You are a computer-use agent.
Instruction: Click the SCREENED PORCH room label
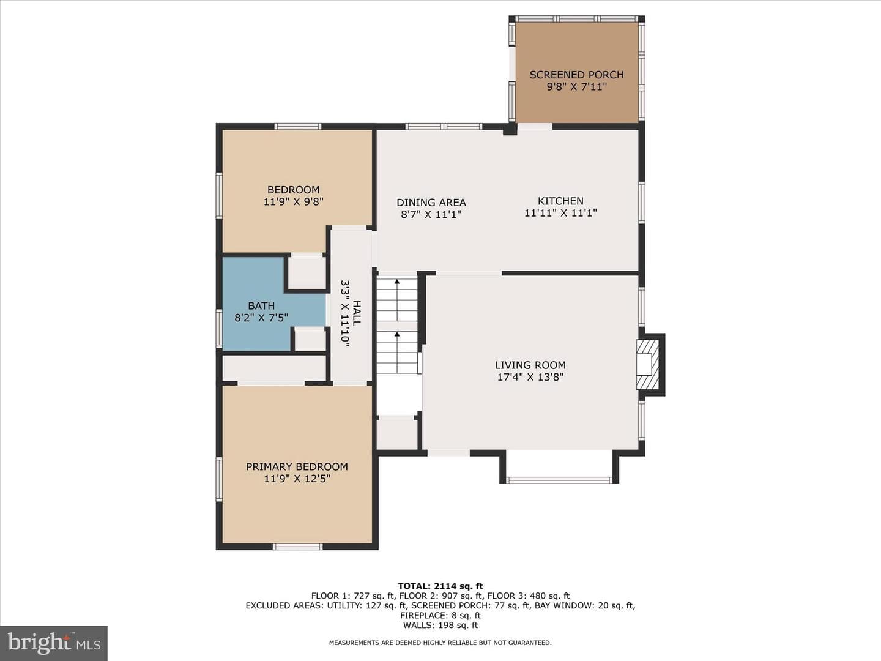click(576, 75)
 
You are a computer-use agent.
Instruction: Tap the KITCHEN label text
click(560, 201)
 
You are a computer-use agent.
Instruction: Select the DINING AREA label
click(431, 203)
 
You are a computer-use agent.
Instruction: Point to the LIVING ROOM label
click(530, 365)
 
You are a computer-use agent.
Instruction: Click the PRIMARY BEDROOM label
click(297, 467)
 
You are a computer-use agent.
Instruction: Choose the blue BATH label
click(261, 306)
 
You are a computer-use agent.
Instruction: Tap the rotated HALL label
click(357, 313)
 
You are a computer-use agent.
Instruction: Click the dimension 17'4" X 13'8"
click(530, 377)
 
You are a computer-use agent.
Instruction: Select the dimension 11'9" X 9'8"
click(294, 201)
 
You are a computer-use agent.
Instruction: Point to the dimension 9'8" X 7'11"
click(577, 87)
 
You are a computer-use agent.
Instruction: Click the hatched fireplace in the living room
click(647, 365)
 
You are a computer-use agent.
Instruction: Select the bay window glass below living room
click(559, 480)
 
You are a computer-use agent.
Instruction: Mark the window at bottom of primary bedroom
click(297, 547)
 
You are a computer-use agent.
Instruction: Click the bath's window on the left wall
click(219, 328)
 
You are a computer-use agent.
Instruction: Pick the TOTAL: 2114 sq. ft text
click(441, 586)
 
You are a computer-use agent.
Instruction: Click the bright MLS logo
click(54, 643)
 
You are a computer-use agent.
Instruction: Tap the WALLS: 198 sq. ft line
click(441, 625)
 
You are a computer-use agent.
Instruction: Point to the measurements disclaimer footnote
click(441, 643)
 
